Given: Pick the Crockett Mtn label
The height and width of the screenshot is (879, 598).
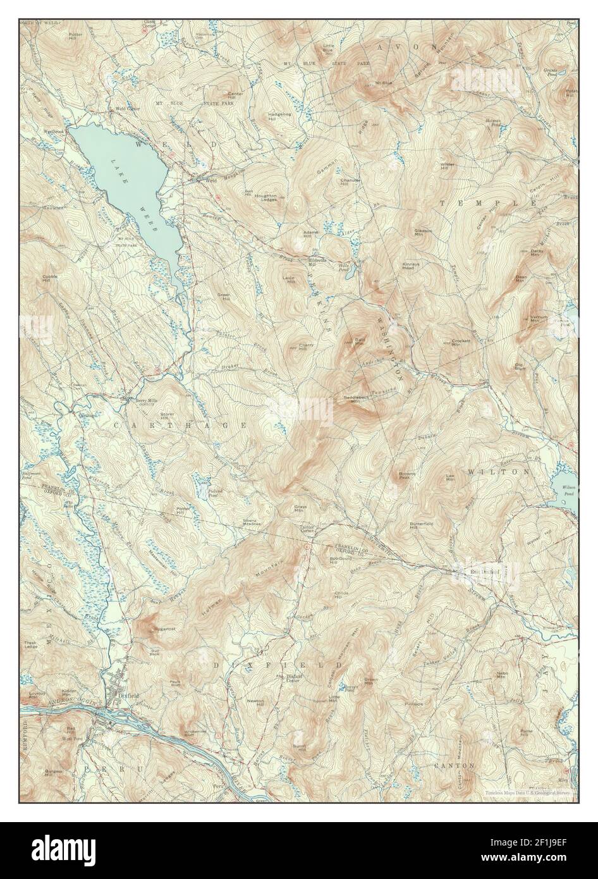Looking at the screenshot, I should (x=460, y=343).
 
